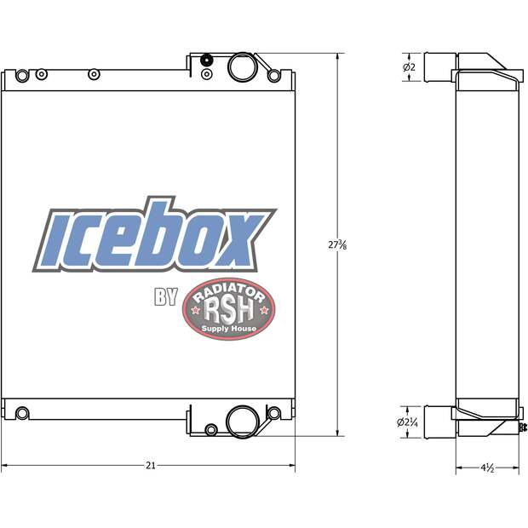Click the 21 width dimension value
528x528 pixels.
[x=151, y=466]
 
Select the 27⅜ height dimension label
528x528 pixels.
[x=337, y=244]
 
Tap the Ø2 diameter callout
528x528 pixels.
[x=409, y=67]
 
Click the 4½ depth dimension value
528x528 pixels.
[x=485, y=467]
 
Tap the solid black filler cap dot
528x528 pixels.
[x=206, y=60]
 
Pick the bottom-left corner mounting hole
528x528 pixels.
[x=23, y=413]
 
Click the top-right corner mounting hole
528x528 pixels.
[x=273, y=76]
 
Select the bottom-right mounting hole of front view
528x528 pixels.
[x=273, y=414]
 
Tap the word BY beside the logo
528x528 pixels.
[x=164, y=298]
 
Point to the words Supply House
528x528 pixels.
[x=227, y=328]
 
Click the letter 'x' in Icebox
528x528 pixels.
[x=238, y=238]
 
